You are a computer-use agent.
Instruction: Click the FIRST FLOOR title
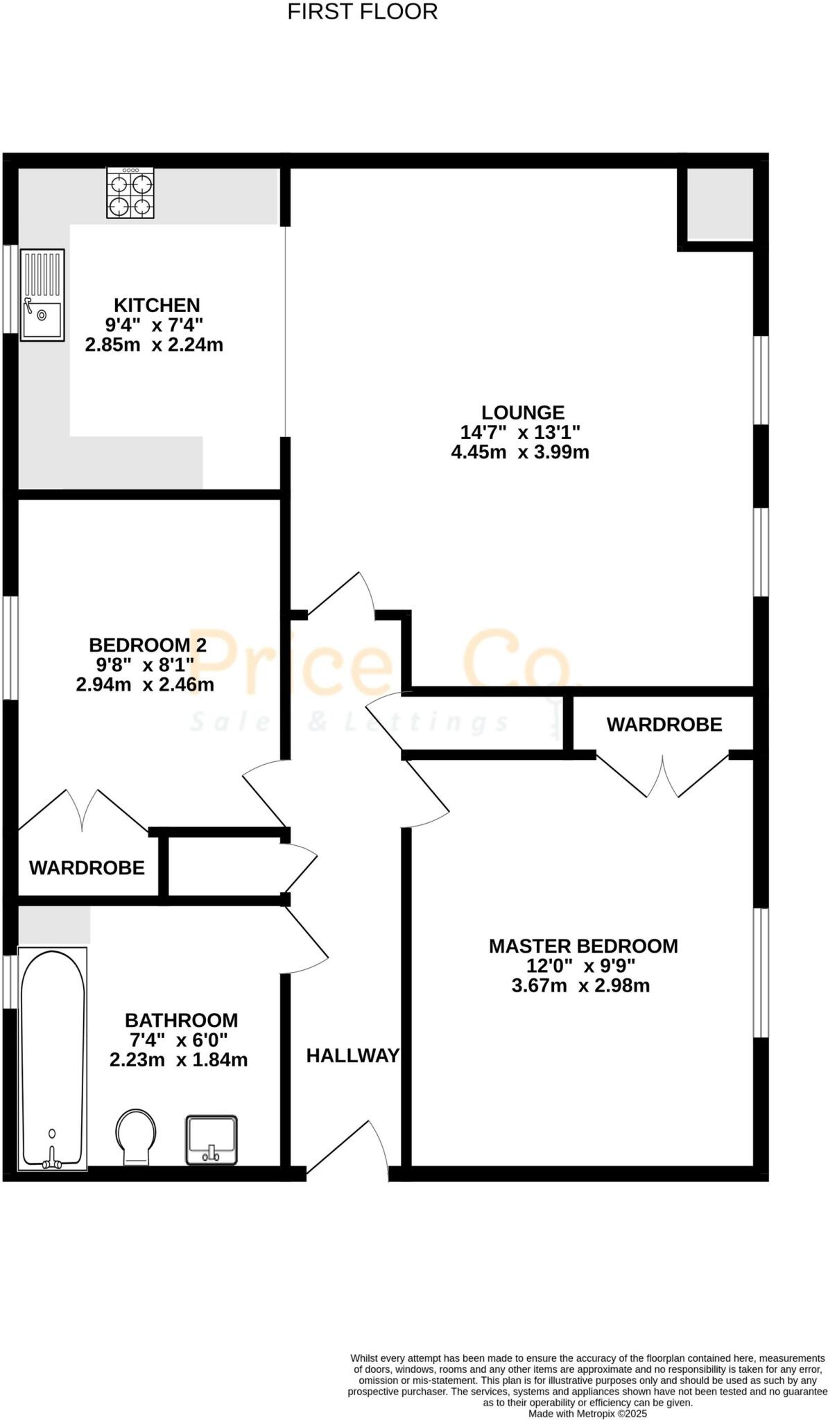[362, 12]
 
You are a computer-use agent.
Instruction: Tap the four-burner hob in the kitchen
[130, 193]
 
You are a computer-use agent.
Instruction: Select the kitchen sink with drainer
[42, 295]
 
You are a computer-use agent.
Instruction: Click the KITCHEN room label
[157, 305]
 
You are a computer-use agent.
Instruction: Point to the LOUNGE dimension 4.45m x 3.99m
[520, 453]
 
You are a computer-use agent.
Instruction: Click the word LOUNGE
[523, 413]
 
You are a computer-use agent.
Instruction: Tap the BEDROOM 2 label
[148, 646]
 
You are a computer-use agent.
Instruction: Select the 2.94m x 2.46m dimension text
[145, 686]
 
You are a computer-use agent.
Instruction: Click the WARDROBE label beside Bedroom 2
[87, 867]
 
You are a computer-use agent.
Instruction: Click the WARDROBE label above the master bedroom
[664, 725]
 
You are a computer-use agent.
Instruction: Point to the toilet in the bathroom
[136, 1137]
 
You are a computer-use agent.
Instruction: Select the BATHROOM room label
[181, 1021]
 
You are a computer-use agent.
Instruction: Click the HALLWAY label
[353, 1056]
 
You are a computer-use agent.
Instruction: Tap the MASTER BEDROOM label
[583, 946]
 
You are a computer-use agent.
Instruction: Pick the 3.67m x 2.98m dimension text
[580, 986]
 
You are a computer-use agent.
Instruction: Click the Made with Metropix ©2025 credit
[587, 1413]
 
